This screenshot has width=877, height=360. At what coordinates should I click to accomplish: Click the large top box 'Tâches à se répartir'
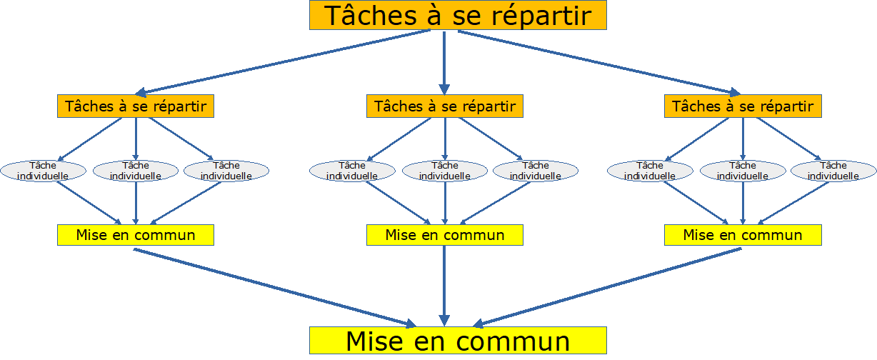(458, 15)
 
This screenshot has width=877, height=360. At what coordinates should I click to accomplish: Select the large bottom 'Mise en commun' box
(458, 341)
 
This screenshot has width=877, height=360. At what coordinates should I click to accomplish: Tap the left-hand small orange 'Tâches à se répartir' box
(136, 106)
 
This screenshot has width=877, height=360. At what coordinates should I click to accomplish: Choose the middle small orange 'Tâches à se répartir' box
(445, 106)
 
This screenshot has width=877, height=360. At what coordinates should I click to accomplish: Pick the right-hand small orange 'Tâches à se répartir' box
(743, 106)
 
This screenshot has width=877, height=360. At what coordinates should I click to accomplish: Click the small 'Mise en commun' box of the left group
(136, 235)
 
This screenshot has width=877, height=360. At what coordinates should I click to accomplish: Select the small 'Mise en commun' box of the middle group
(445, 235)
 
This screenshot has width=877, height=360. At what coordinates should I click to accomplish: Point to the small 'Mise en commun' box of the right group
(743, 235)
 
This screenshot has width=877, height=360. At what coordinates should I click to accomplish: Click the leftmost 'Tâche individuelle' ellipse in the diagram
(43, 171)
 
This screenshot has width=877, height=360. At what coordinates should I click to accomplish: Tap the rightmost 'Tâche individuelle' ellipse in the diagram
(833, 171)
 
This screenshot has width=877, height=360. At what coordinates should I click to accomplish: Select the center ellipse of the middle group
(445, 171)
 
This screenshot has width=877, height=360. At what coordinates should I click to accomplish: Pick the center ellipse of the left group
(136, 171)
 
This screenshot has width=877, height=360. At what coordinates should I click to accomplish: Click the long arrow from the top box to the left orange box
(283, 62)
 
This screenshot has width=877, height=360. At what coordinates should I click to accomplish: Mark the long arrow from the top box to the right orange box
(599, 63)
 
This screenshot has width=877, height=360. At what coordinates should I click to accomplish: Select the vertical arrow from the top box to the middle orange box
(444, 63)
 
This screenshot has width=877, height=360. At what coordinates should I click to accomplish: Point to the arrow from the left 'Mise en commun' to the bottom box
(275, 288)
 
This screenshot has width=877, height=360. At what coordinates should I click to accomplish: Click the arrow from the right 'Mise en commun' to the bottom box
(607, 288)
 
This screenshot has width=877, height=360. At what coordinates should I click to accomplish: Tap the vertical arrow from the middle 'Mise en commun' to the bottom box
(444, 286)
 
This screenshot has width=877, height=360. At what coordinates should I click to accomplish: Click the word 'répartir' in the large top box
(541, 16)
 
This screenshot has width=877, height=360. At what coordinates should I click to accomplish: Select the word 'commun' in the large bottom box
(513, 341)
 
